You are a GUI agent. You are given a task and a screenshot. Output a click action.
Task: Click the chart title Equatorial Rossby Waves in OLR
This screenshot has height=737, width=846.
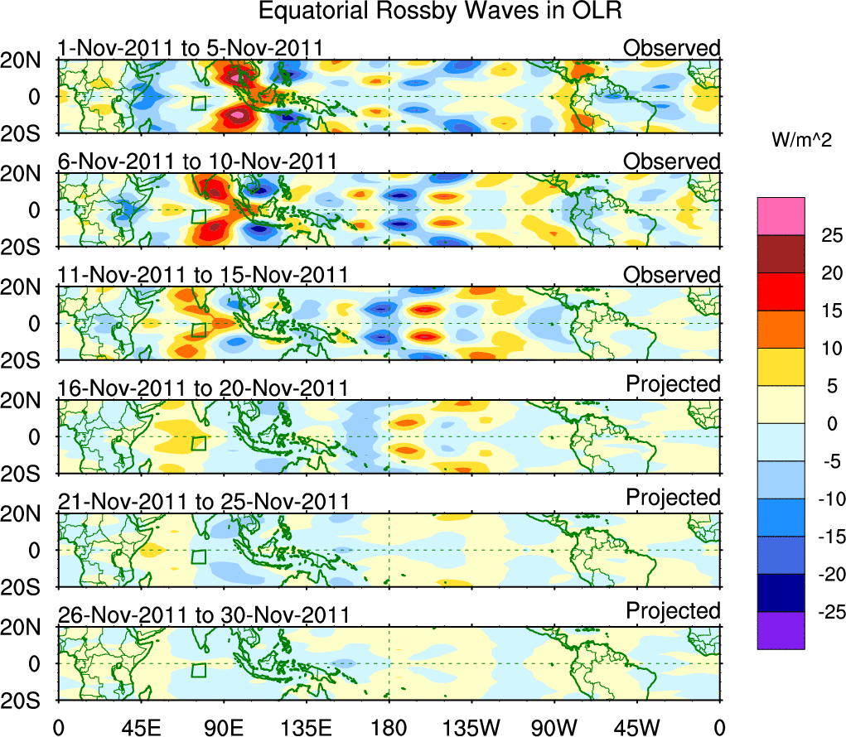pos(440,12)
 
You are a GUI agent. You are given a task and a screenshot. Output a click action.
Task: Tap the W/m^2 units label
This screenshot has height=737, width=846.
pos(803,141)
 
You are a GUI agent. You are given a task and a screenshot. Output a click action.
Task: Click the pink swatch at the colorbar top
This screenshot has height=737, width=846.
pos(780,216)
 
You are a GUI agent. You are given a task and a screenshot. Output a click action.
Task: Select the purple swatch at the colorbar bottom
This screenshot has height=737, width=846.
pos(780,630)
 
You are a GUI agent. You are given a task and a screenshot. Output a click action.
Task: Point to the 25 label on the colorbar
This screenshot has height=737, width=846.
pos(829,235)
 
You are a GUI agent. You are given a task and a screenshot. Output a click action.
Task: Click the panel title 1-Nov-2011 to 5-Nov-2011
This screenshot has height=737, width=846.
pos(190,48)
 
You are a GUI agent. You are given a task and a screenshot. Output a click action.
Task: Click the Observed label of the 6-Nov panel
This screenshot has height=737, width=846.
pos(672,161)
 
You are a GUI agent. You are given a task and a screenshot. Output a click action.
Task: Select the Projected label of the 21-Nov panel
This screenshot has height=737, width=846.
pos(673,498)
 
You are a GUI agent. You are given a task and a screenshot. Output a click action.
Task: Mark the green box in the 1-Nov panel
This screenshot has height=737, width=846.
pos(198,103)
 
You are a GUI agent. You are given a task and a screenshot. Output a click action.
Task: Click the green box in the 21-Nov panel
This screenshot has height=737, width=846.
pos(198,556)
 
